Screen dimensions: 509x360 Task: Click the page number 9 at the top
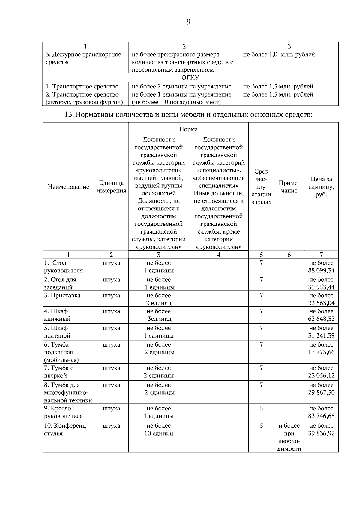pos(188,22)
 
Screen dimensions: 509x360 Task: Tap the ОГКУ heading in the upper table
pos(190,78)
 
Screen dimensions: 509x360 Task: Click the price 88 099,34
pos(321,271)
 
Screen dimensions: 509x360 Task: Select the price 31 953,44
pos(321,287)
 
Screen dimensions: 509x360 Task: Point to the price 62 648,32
pos(321,319)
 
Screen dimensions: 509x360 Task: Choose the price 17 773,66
pos(321,352)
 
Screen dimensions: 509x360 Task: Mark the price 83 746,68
pos(321,416)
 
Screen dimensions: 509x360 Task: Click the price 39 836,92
pos(321,433)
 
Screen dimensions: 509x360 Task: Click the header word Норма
pos(188,129)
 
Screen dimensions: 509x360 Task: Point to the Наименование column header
pos(68,187)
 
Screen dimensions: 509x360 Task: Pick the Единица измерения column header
pos(111,187)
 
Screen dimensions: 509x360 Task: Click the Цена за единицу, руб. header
pos(321,187)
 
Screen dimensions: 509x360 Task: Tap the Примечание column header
pos(289,187)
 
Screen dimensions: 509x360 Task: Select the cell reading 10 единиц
pos(159,433)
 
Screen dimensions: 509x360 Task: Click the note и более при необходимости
pos(289,437)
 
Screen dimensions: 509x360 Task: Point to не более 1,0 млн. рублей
pos(279,55)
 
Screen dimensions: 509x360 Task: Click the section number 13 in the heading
pos(69,115)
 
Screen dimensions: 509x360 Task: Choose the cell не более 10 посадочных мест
pos(176,102)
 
